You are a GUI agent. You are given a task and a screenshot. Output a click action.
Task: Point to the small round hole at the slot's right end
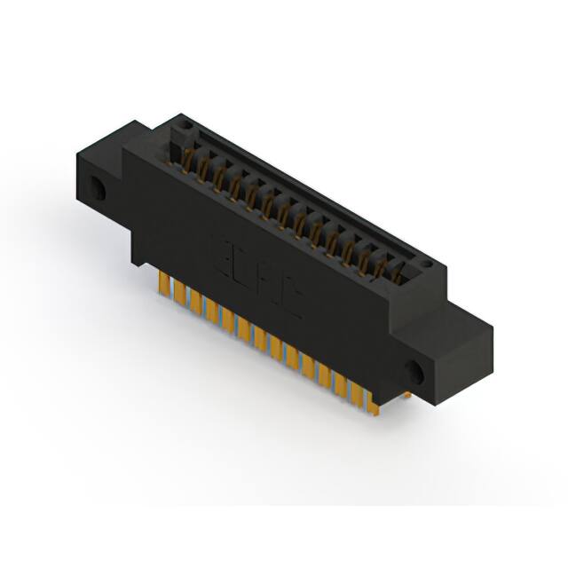(x=427, y=264)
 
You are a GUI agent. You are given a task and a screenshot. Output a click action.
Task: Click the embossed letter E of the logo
(x=225, y=250)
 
